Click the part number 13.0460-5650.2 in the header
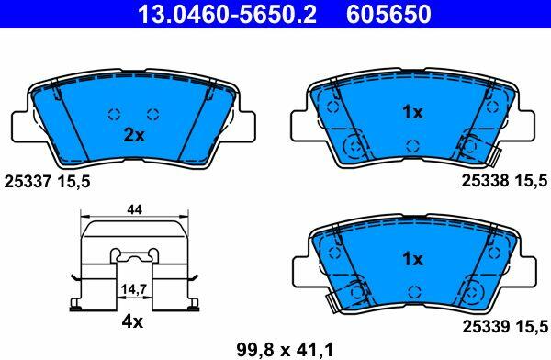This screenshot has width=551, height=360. (x=228, y=14)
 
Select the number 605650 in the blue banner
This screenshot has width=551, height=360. (x=388, y=14)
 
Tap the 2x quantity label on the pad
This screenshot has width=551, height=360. (x=134, y=135)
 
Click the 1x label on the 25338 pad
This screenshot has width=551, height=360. (x=412, y=112)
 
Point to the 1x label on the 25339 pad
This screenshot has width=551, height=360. (x=412, y=259)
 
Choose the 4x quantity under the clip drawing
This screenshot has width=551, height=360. (x=132, y=321)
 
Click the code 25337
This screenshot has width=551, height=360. (x=28, y=182)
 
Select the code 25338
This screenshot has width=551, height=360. (x=485, y=181)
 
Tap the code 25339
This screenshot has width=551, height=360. (x=485, y=327)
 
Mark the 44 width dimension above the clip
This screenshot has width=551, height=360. (x=135, y=210)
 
